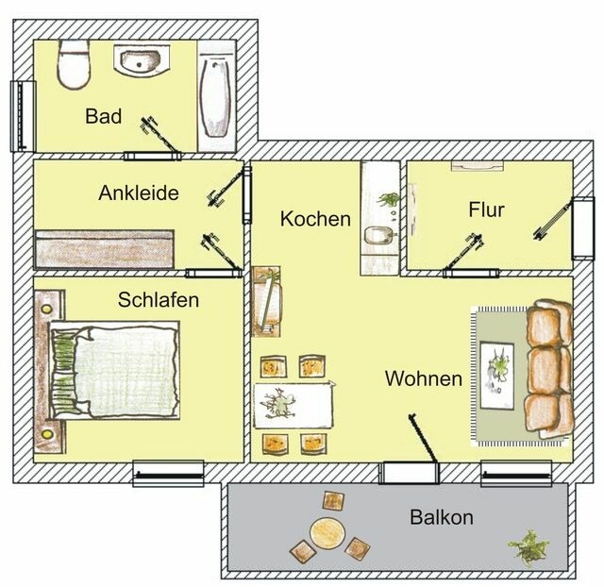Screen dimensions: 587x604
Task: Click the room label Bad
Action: (x=103, y=117)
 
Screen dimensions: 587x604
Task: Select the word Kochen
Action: (x=315, y=219)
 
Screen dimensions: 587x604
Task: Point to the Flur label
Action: (x=486, y=210)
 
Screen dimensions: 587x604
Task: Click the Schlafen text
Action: (x=159, y=300)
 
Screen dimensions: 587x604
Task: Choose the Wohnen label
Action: (x=423, y=379)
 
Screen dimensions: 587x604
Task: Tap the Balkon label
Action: (x=441, y=518)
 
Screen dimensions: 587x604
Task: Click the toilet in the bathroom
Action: (x=73, y=65)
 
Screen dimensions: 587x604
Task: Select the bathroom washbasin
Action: (x=143, y=62)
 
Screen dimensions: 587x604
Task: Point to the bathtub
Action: (x=218, y=94)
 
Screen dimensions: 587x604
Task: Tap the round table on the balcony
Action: (x=327, y=532)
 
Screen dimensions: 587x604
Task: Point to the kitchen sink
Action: (x=377, y=234)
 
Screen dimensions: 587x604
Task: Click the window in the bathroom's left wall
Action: (x=22, y=115)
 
